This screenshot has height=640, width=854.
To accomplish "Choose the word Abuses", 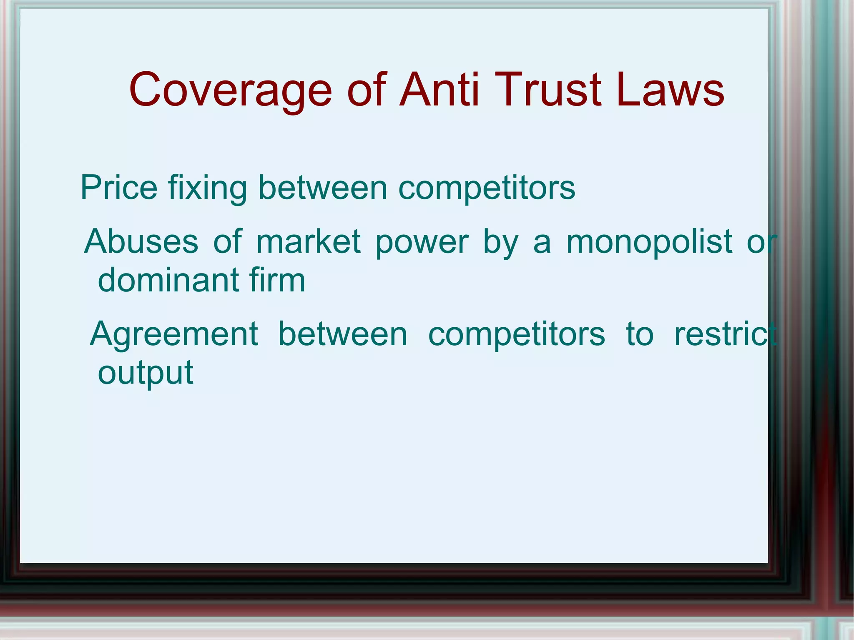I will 141,241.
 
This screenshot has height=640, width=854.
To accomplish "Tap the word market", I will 308,241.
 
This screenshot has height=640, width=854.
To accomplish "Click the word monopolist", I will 649,241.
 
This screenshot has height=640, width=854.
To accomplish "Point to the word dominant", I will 168,280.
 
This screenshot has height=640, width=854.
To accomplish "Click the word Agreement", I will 174,335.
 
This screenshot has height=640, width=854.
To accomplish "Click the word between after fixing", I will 323,188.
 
